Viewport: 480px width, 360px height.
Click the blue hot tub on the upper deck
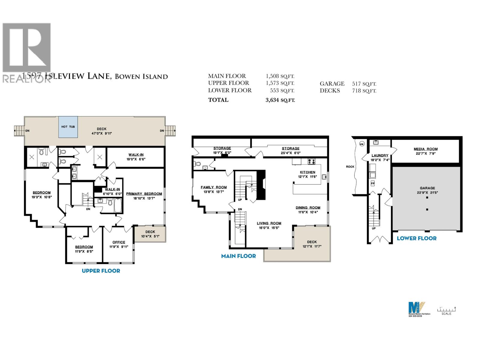click(68, 127)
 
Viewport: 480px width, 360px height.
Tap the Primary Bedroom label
click(144, 194)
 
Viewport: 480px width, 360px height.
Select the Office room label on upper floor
click(119, 242)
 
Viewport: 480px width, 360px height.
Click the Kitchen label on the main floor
click(307, 172)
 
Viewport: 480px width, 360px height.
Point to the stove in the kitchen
click(311, 161)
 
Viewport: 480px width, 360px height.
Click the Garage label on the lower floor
click(427, 188)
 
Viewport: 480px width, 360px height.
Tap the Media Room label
click(425, 149)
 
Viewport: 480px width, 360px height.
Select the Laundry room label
click(380, 155)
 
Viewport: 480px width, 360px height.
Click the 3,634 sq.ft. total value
click(280, 100)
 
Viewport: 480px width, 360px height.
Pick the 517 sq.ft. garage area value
click(364, 84)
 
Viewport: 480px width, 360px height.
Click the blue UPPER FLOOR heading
click(101, 271)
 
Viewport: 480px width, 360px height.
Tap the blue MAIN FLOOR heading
click(238, 256)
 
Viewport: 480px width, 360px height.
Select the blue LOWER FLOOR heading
click(416, 238)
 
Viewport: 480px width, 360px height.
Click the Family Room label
click(214, 187)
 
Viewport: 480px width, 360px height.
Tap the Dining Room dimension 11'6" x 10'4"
click(308, 212)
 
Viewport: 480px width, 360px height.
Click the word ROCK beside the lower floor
click(350, 166)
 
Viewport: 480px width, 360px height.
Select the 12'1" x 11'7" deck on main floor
click(312, 244)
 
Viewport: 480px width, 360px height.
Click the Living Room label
click(269, 223)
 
